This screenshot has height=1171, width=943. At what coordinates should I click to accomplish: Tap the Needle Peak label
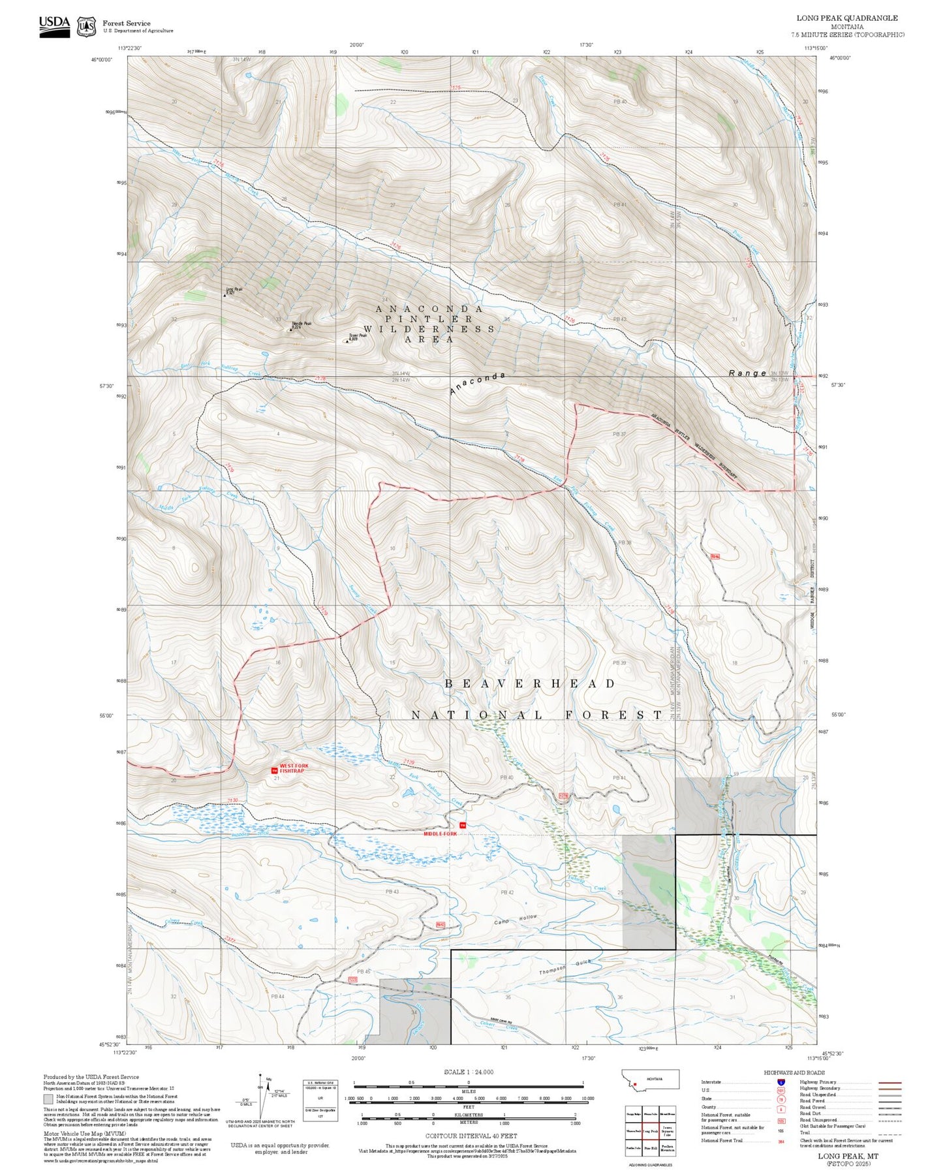301,324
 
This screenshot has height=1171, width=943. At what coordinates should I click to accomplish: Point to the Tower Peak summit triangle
346,341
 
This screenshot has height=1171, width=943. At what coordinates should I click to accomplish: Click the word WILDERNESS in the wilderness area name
429,329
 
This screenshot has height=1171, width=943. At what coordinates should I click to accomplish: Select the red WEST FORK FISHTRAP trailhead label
294,768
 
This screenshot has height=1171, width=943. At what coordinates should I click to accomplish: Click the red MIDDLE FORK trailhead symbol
463,826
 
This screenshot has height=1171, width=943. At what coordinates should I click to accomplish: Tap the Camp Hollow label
516,919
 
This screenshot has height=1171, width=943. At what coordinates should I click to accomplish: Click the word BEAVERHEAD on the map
530,683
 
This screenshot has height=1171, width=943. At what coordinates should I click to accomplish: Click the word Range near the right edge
747,373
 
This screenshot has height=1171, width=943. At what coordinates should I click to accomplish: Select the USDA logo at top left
54,26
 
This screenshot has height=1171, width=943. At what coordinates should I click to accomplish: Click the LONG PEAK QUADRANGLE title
847,18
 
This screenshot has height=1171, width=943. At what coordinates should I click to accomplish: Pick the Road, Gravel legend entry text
812,1108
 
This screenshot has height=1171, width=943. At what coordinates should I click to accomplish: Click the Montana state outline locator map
652,1079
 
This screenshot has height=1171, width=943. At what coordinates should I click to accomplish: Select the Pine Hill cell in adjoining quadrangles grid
650,1148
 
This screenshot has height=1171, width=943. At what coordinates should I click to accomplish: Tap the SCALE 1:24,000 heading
469,1072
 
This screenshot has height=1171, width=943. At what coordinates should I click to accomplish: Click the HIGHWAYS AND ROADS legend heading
794,1072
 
